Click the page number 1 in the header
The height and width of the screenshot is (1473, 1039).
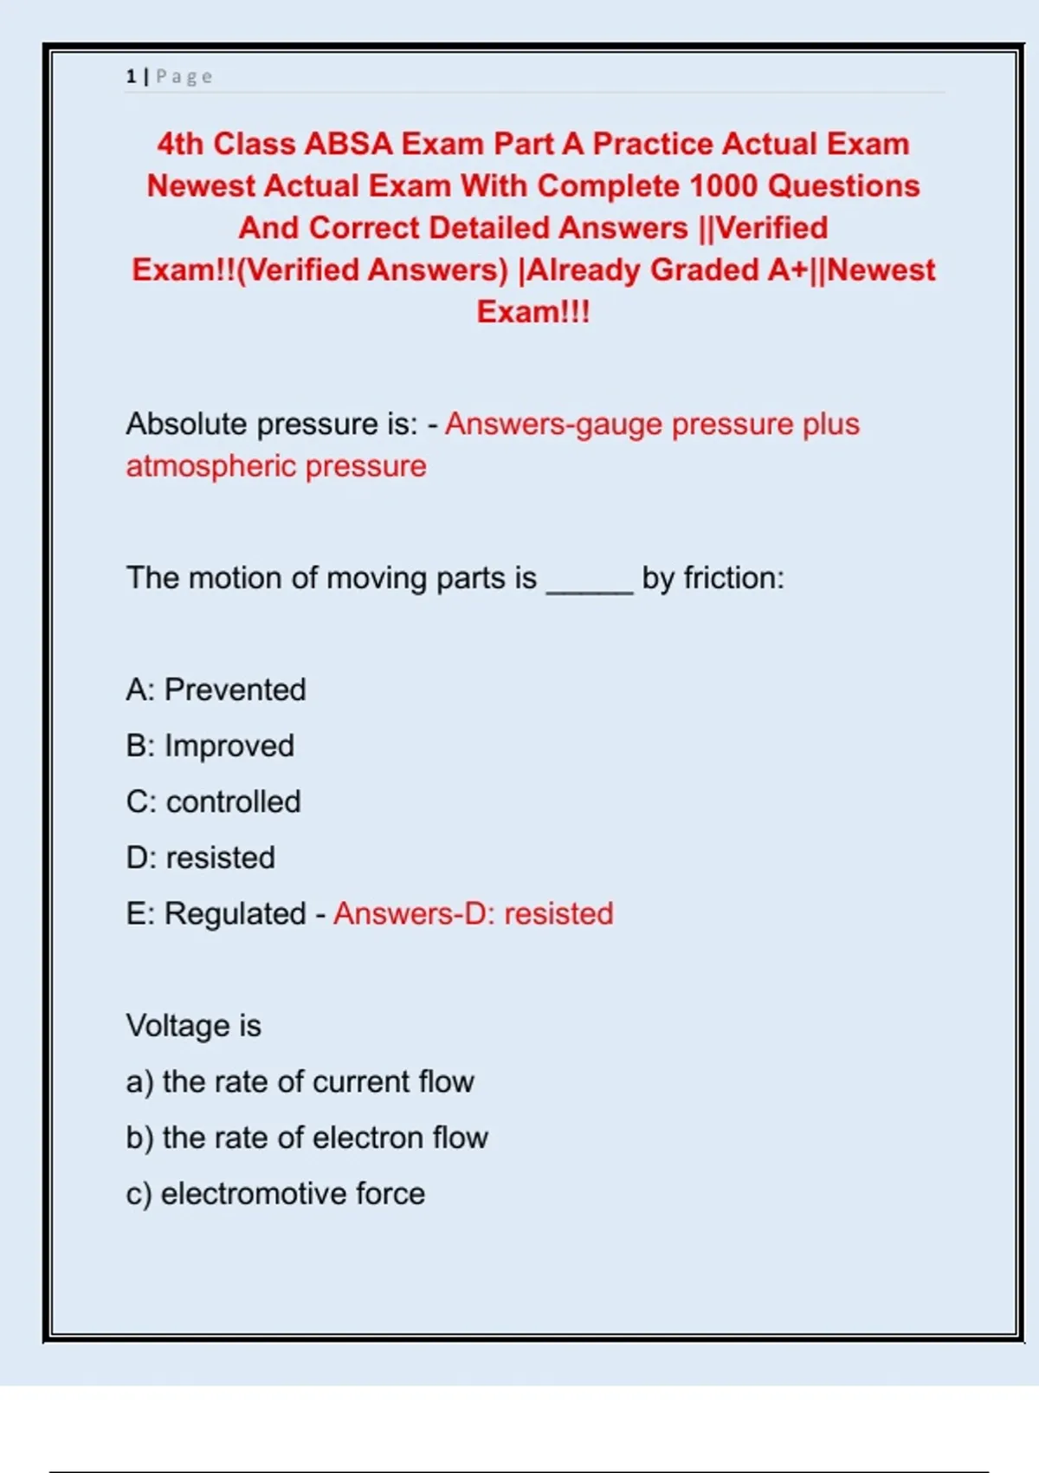coord(131,77)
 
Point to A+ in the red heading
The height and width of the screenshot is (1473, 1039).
coord(787,270)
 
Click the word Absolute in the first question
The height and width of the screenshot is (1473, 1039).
coord(186,425)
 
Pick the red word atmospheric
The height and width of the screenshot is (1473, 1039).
coord(211,467)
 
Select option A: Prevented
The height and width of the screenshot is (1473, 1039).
coord(216,691)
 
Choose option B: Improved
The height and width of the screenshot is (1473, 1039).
coord(210,746)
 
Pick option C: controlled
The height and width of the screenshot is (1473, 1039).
coord(213,802)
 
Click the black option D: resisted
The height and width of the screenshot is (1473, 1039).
coord(200,859)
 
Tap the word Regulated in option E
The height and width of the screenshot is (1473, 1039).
coord(235,914)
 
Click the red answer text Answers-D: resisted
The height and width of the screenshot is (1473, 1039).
coord(474,914)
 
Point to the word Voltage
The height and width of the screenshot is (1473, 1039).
coord(179,1026)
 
